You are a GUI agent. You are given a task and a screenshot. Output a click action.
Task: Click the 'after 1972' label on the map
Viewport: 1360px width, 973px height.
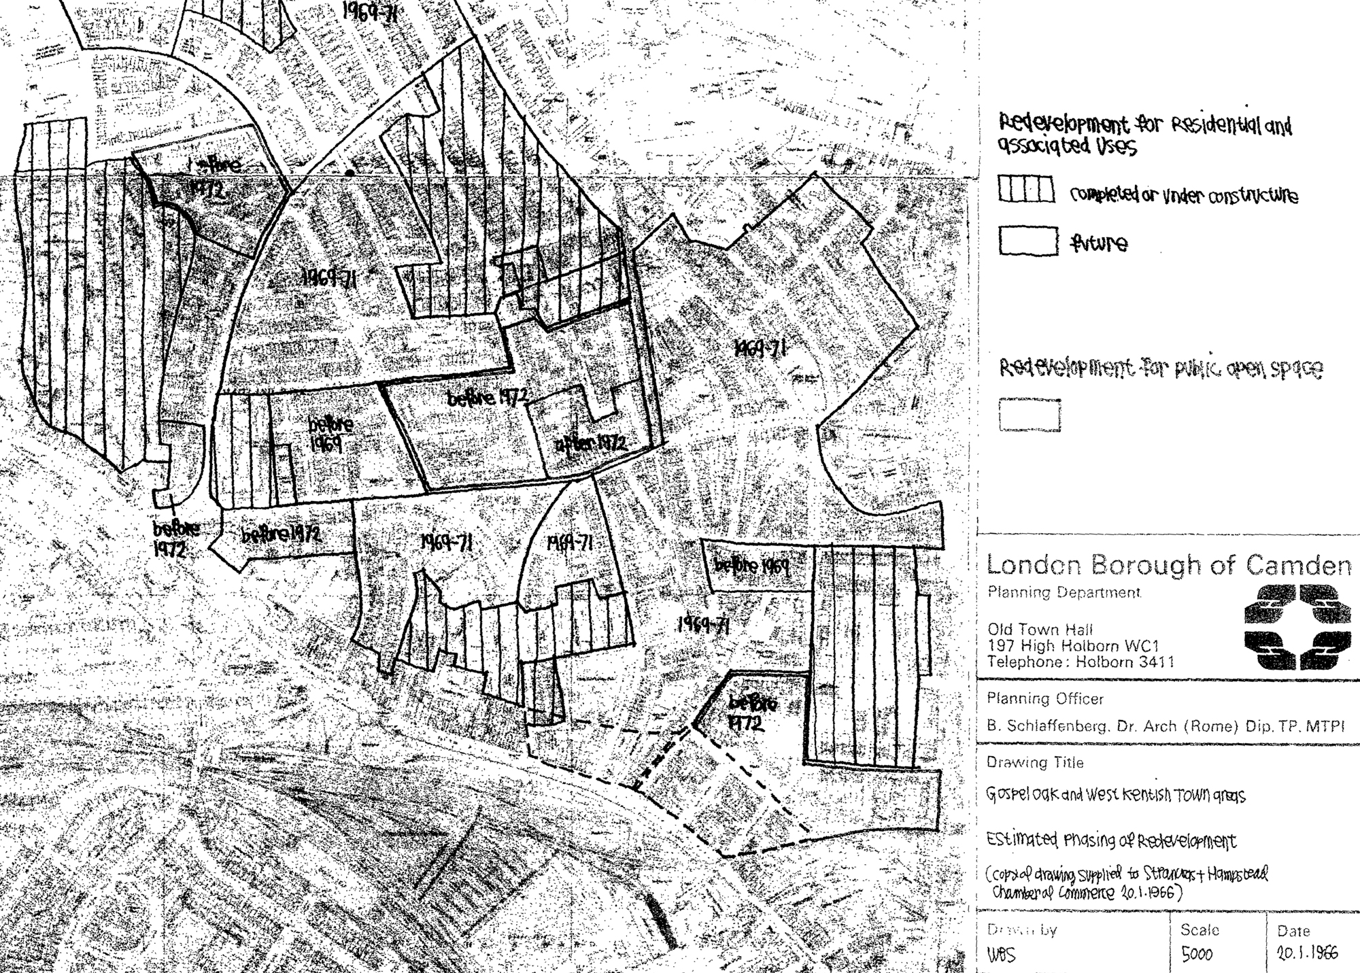[x=590, y=444]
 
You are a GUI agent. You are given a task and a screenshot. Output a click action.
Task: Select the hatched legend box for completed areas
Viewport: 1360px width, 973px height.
[x=1026, y=190]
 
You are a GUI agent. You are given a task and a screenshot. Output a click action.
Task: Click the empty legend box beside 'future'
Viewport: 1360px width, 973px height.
[x=1028, y=241]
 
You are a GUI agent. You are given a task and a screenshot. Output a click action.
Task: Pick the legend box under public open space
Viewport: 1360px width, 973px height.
[x=1030, y=415]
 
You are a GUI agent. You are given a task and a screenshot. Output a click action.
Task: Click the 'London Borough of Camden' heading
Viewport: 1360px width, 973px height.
[x=1168, y=565]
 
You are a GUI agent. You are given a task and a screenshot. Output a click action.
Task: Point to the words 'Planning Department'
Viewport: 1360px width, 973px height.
[x=1064, y=592]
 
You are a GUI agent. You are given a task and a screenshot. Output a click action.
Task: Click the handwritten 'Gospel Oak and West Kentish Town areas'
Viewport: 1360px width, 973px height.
[x=1116, y=795]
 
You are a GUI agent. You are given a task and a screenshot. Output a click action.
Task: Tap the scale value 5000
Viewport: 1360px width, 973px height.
[x=1197, y=955]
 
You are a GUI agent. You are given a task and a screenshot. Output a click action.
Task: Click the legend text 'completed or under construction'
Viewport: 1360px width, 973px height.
[x=1184, y=196]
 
